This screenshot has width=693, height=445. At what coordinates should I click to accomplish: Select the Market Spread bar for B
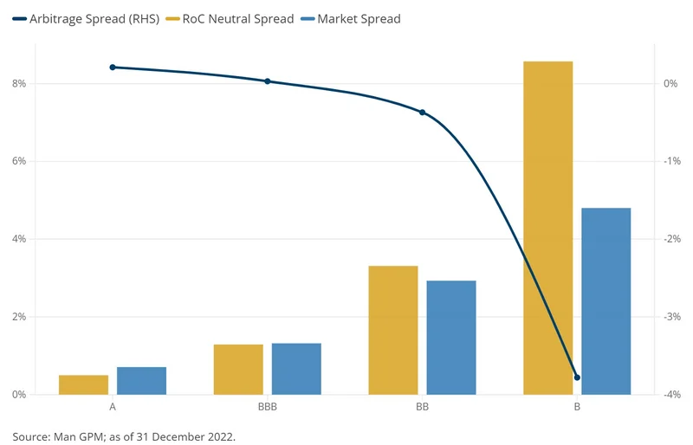tap(606, 301)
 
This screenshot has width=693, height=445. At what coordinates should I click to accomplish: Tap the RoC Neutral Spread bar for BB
tap(392, 330)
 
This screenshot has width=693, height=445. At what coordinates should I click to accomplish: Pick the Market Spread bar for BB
tap(451, 338)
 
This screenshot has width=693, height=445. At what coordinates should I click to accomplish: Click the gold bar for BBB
tap(238, 370)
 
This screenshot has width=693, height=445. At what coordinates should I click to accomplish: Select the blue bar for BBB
tap(296, 369)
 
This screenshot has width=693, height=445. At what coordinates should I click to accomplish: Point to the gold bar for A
tap(83, 384)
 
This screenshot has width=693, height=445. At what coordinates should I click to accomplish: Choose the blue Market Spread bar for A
tap(141, 381)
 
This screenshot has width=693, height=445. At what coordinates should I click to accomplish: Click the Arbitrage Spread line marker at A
tap(113, 67)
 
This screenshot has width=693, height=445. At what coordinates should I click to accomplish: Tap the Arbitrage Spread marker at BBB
tap(268, 81)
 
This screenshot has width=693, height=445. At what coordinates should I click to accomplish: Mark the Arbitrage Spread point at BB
tap(422, 113)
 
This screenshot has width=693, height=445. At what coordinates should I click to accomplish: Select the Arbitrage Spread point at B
tap(577, 377)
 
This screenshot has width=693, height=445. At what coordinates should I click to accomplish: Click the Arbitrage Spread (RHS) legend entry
tap(86, 18)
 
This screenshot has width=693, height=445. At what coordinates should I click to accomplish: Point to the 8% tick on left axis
tap(19, 84)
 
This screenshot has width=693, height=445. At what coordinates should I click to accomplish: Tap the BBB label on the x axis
tap(268, 406)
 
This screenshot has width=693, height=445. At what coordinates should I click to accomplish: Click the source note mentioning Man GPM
tap(124, 435)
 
